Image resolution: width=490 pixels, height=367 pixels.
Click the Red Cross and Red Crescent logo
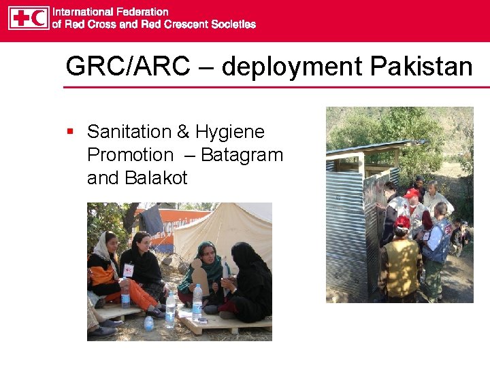29,18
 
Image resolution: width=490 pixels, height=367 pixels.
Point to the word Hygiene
229,132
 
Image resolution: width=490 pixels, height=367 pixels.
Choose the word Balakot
156,178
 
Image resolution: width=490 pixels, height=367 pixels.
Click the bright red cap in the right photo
411,194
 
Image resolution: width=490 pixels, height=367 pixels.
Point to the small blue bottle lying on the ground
149,323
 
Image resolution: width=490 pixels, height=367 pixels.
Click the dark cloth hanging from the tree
152,220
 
